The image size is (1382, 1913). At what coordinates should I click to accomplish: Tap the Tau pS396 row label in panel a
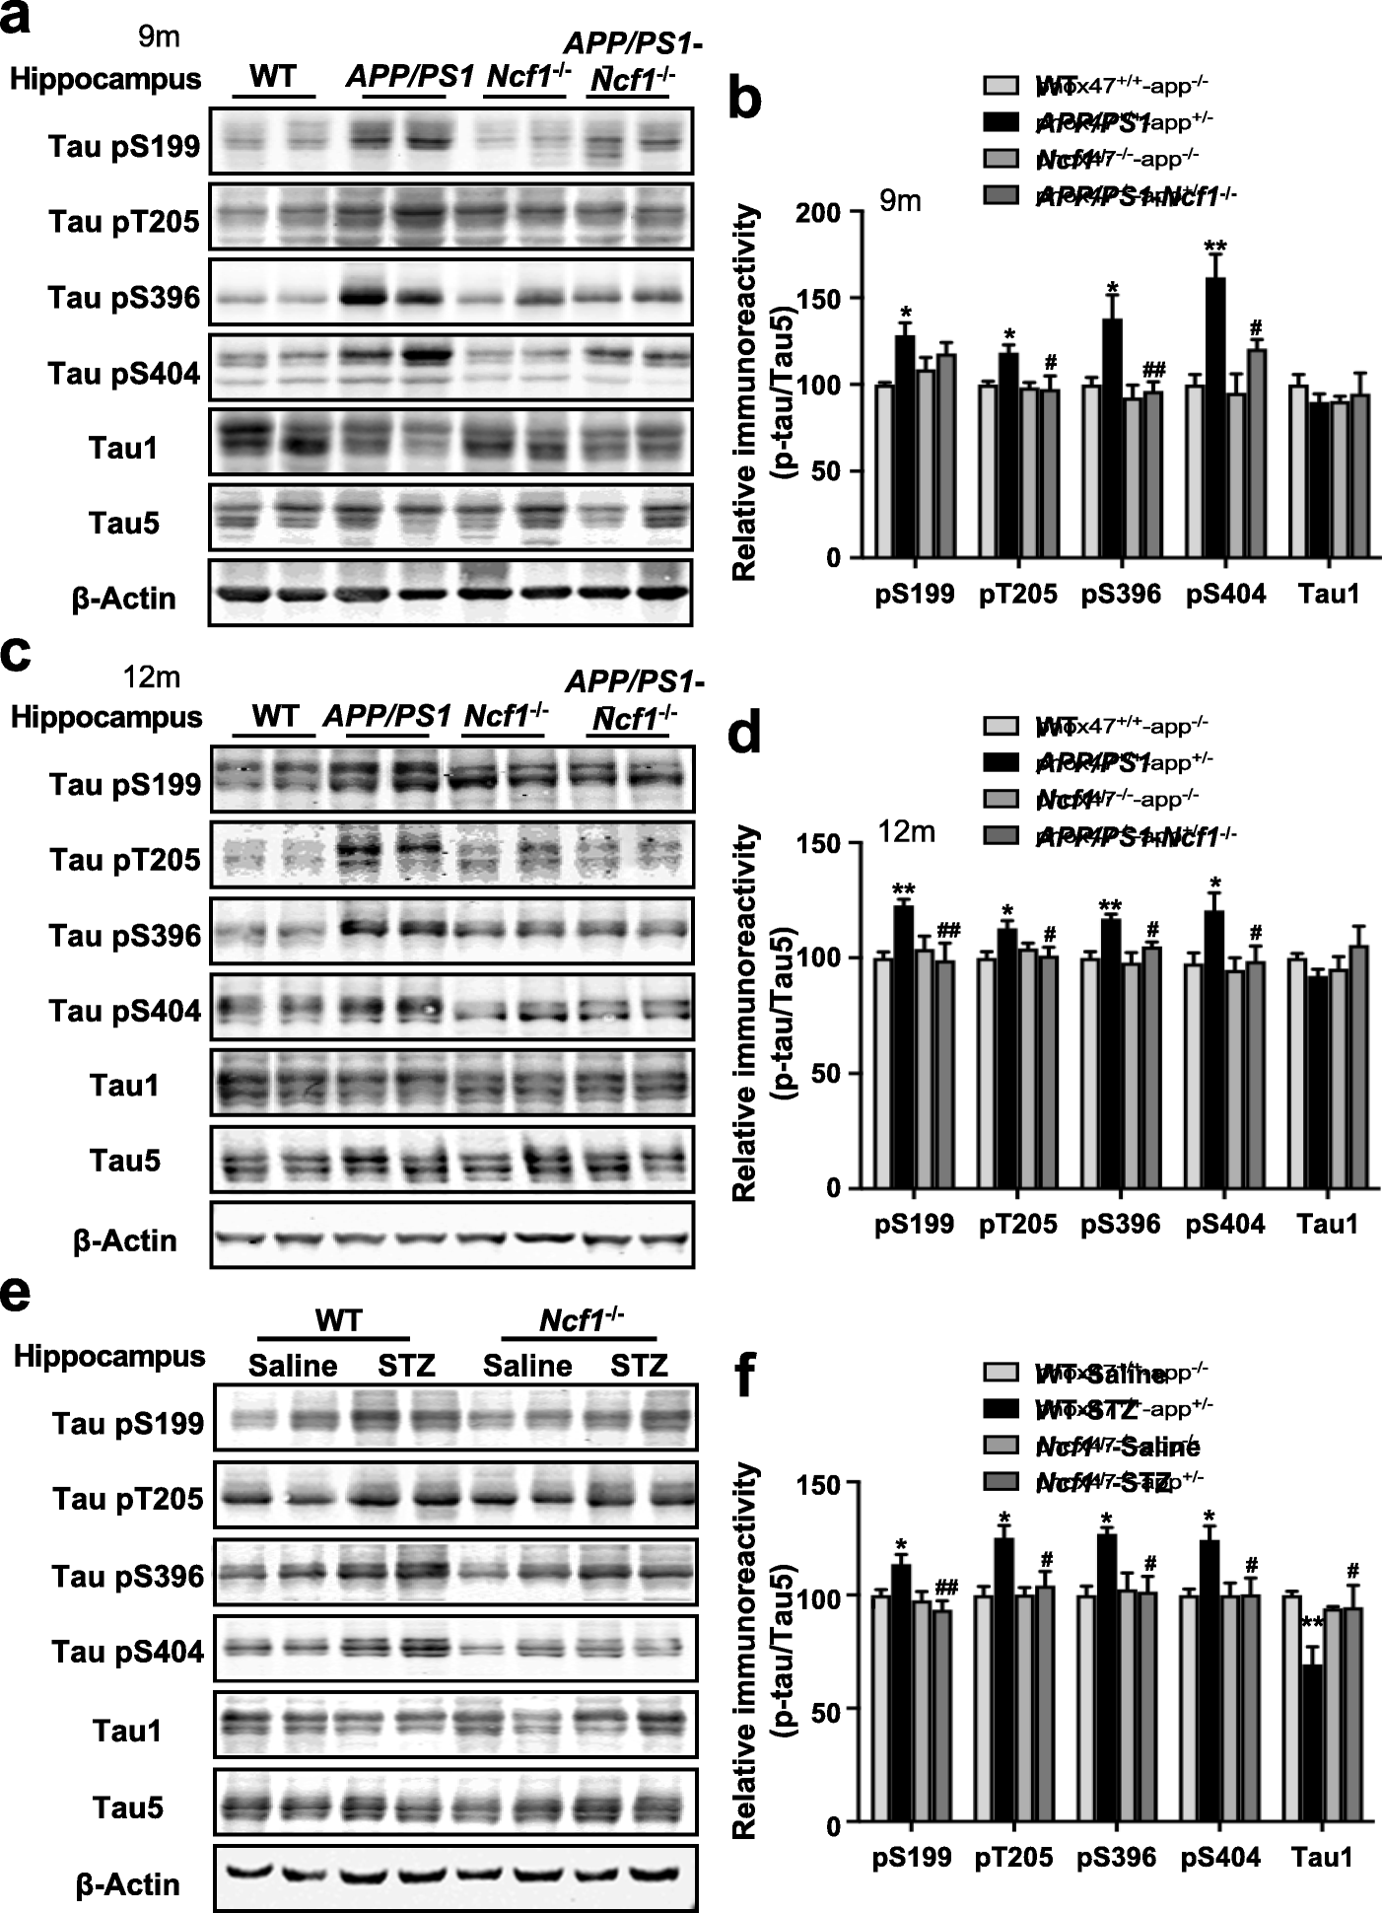coord(124,298)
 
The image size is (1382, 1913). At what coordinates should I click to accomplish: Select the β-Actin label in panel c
coord(125,1240)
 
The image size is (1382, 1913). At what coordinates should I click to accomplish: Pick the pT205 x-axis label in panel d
coord(1018,1224)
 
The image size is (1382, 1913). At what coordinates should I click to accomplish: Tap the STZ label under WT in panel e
coord(407,1366)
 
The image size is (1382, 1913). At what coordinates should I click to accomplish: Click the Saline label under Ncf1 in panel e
coord(527,1366)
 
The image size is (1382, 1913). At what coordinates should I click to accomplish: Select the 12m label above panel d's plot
coord(907,831)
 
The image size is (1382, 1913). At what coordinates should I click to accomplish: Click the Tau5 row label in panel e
coord(128,1807)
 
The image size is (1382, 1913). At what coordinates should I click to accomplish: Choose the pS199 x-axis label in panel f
coord(913,1857)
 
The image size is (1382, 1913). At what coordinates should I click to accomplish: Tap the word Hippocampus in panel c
coord(106,717)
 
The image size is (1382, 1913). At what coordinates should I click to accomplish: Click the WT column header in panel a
coord(273,76)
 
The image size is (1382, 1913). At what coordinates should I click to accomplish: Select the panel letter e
coord(17,1295)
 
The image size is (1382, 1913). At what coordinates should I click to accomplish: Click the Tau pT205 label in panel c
coord(125,860)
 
